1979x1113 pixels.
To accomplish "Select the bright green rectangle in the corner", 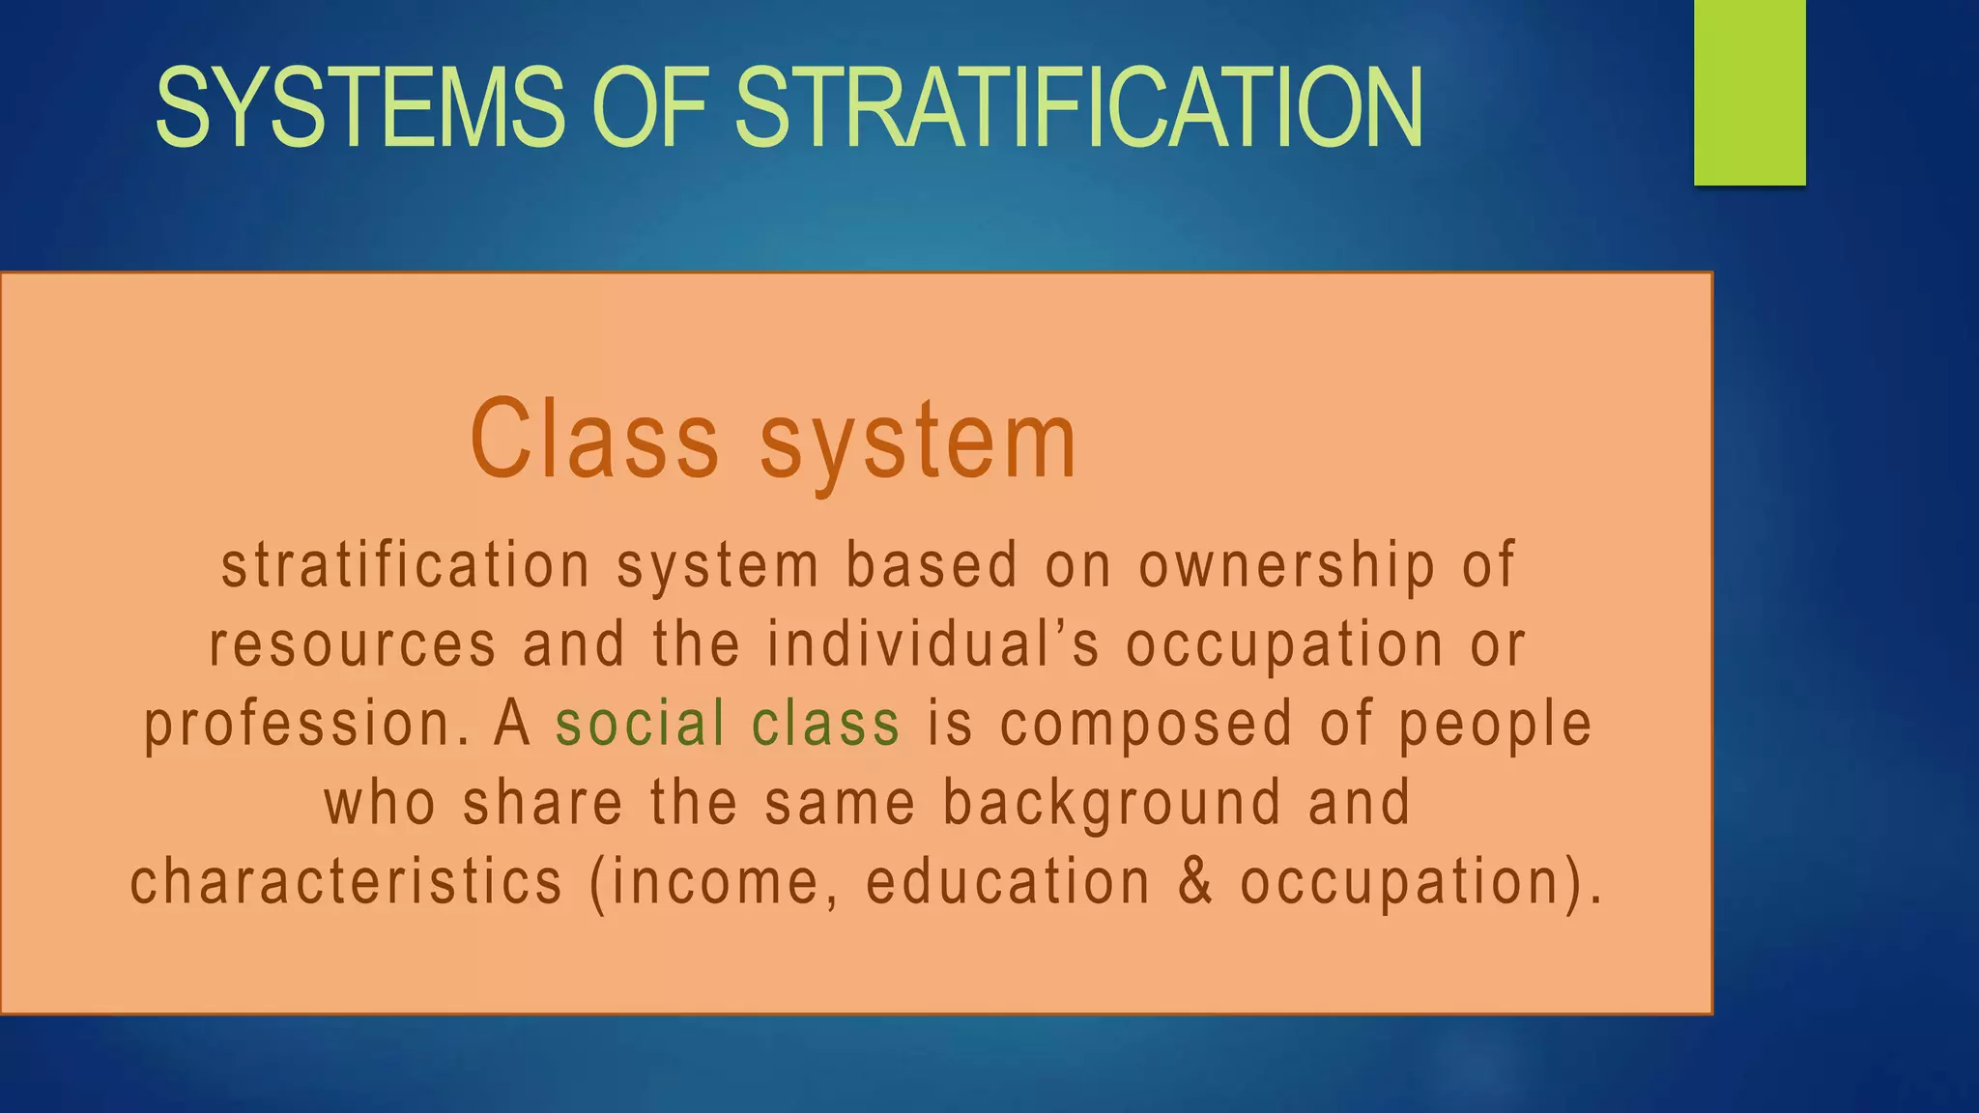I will tap(1749, 92).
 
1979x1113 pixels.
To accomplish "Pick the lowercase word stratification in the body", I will tap(406, 565).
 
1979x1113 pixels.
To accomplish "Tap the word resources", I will tap(354, 645).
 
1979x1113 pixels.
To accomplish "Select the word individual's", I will tap(933, 644).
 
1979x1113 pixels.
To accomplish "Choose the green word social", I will tap(641, 724).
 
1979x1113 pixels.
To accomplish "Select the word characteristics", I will tap(346, 882).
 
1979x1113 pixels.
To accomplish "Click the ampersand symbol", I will tap(1195, 882).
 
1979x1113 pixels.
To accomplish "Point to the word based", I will tap(932, 565).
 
